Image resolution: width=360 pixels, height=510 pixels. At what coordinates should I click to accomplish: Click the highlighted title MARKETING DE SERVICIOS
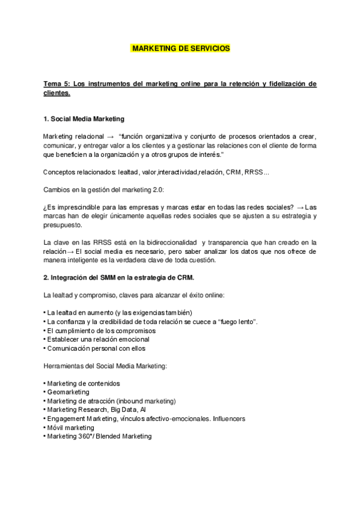(x=180, y=48)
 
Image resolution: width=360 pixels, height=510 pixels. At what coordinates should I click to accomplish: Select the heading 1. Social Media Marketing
(x=84, y=118)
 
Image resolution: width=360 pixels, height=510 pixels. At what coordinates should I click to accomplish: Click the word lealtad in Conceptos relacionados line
(x=129, y=173)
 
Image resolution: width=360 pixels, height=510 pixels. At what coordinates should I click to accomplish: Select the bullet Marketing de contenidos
(x=82, y=383)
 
